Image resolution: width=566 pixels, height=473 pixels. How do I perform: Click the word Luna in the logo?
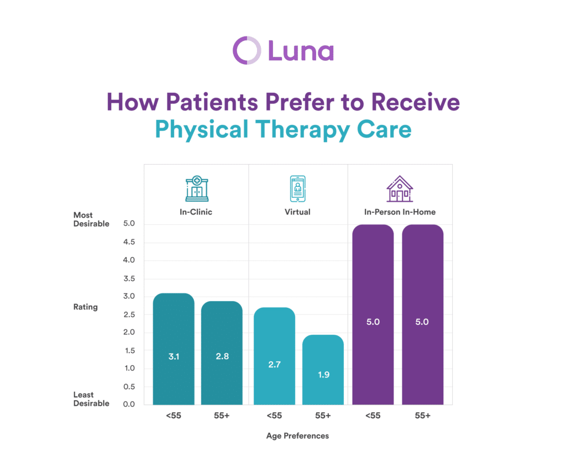[x=301, y=51]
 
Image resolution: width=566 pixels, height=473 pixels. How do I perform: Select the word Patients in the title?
[x=212, y=102]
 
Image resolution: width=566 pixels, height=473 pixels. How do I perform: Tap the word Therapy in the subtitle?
[x=302, y=130]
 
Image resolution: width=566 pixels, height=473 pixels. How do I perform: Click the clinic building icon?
[x=197, y=188]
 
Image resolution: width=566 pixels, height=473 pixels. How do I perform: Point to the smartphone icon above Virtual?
[x=297, y=188]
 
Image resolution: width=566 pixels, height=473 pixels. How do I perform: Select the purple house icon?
[x=400, y=188]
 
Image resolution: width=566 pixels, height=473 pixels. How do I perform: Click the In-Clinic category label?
[x=196, y=212]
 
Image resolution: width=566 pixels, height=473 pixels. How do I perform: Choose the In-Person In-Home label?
[x=400, y=212]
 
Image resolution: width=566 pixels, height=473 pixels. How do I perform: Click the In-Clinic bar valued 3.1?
[x=174, y=349]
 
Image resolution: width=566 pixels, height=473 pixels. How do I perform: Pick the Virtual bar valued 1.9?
[x=323, y=370]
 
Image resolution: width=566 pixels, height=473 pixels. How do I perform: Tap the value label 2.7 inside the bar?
[x=274, y=365]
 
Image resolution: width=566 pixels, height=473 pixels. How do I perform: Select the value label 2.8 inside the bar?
[x=222, y=356]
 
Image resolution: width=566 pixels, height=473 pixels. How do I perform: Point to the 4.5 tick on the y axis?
[x=129, y=242]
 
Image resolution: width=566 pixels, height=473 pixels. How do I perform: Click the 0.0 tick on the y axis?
[x=129, y=404]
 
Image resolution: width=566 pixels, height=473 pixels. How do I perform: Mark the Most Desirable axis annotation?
[x=91, y=219]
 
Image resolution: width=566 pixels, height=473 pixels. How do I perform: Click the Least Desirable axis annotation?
[x=91, y=399]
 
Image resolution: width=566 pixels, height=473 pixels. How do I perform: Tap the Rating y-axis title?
[x=86, y=307]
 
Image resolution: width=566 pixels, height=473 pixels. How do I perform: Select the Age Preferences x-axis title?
[x=297, y=436]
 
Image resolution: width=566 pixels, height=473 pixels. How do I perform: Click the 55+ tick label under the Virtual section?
[x=323, y=416]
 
